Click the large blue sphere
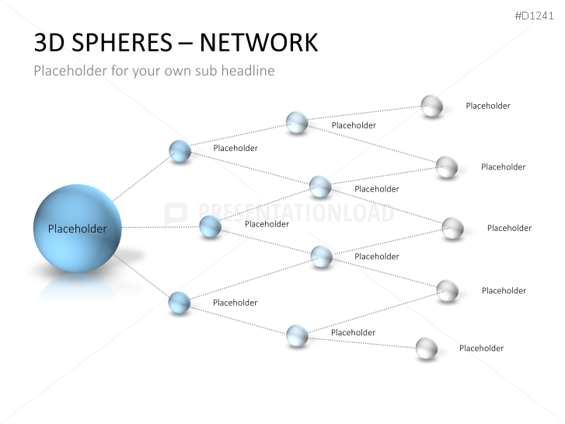coord(78,229)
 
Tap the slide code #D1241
coord(534,16)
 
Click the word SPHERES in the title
coord(122,43)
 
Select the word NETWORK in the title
coord(259,43)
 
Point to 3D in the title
coord(50,43)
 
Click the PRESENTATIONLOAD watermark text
coord(296,212)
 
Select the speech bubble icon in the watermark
coord(176,214)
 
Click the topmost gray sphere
coord(431,106)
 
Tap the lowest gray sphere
coord(427,349)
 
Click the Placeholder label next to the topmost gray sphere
coord(488,106)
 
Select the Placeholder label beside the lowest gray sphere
coord(481,349)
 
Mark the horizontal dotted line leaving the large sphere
coord(160,227)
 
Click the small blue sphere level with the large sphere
coord(210,226)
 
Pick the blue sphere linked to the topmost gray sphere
coord(297,122)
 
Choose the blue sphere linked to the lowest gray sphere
coord(298,335)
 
